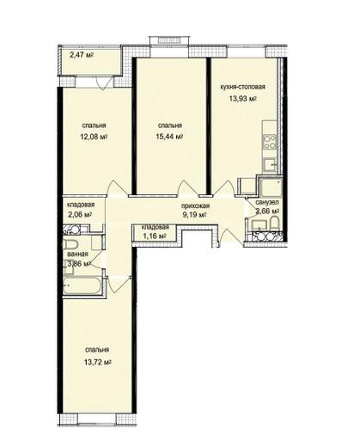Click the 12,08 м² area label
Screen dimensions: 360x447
point(94,137)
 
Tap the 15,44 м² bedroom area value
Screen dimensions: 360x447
point(169,137)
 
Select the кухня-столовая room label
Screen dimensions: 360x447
point(242,87)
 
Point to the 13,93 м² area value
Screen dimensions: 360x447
point(242,99)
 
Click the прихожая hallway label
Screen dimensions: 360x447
point(195,205)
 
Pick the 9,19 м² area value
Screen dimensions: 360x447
point(195,215)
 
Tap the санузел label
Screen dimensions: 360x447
point(267,203)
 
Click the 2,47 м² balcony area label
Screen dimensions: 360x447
point(82,55)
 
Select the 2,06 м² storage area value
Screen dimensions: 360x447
point(80,214)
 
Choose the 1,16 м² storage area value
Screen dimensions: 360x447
point(155,236)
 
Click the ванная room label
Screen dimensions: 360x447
point(77,254)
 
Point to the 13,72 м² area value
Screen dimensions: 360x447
point(98,362)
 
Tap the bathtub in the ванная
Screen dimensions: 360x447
point(82,285)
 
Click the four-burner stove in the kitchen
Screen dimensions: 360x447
point(270,142)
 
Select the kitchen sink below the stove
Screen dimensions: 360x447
point(270,165)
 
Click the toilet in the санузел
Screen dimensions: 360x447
point(274,223)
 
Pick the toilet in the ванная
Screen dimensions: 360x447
point(70,245)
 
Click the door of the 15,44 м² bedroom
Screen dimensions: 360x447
point(187,188)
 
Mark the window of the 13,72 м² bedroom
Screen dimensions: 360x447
point(97,419)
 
